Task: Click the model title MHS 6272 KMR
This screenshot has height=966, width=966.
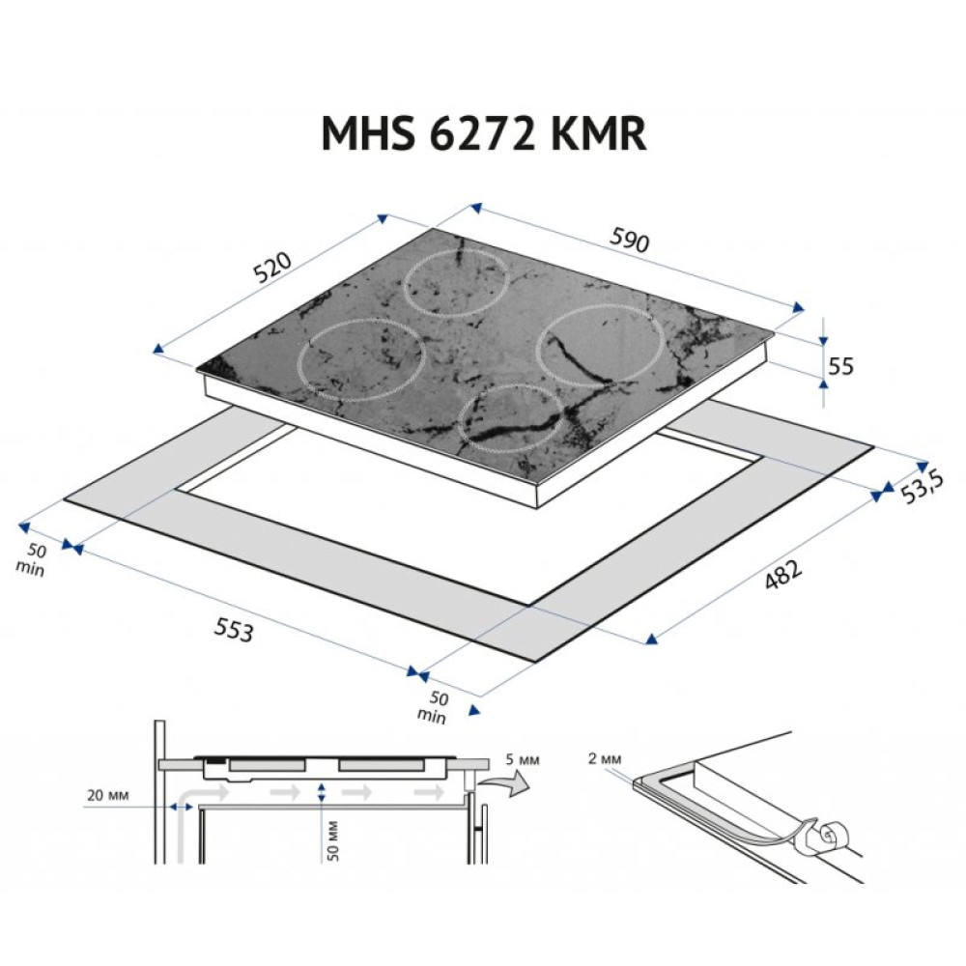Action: [483, 134]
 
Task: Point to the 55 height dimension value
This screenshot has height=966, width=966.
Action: [841, 365]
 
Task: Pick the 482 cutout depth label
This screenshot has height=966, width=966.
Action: [783, 575]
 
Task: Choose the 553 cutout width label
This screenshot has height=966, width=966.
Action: [233, 630]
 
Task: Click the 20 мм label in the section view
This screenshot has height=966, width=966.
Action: [106, 796]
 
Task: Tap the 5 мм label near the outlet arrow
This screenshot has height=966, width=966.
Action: [522, 760]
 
